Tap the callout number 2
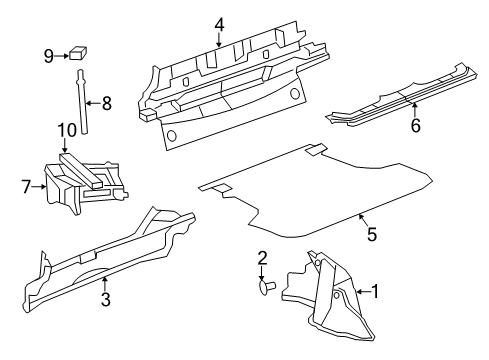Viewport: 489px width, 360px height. (x=262, y=257)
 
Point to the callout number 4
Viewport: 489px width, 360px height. (x=219, y=25)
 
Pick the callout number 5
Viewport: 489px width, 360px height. (x=371, y=234)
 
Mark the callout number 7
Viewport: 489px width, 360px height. (x=28, y=185)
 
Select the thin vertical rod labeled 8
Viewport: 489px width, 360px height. (x=79, y=100)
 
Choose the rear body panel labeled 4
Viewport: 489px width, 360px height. (x=230, y=90)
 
